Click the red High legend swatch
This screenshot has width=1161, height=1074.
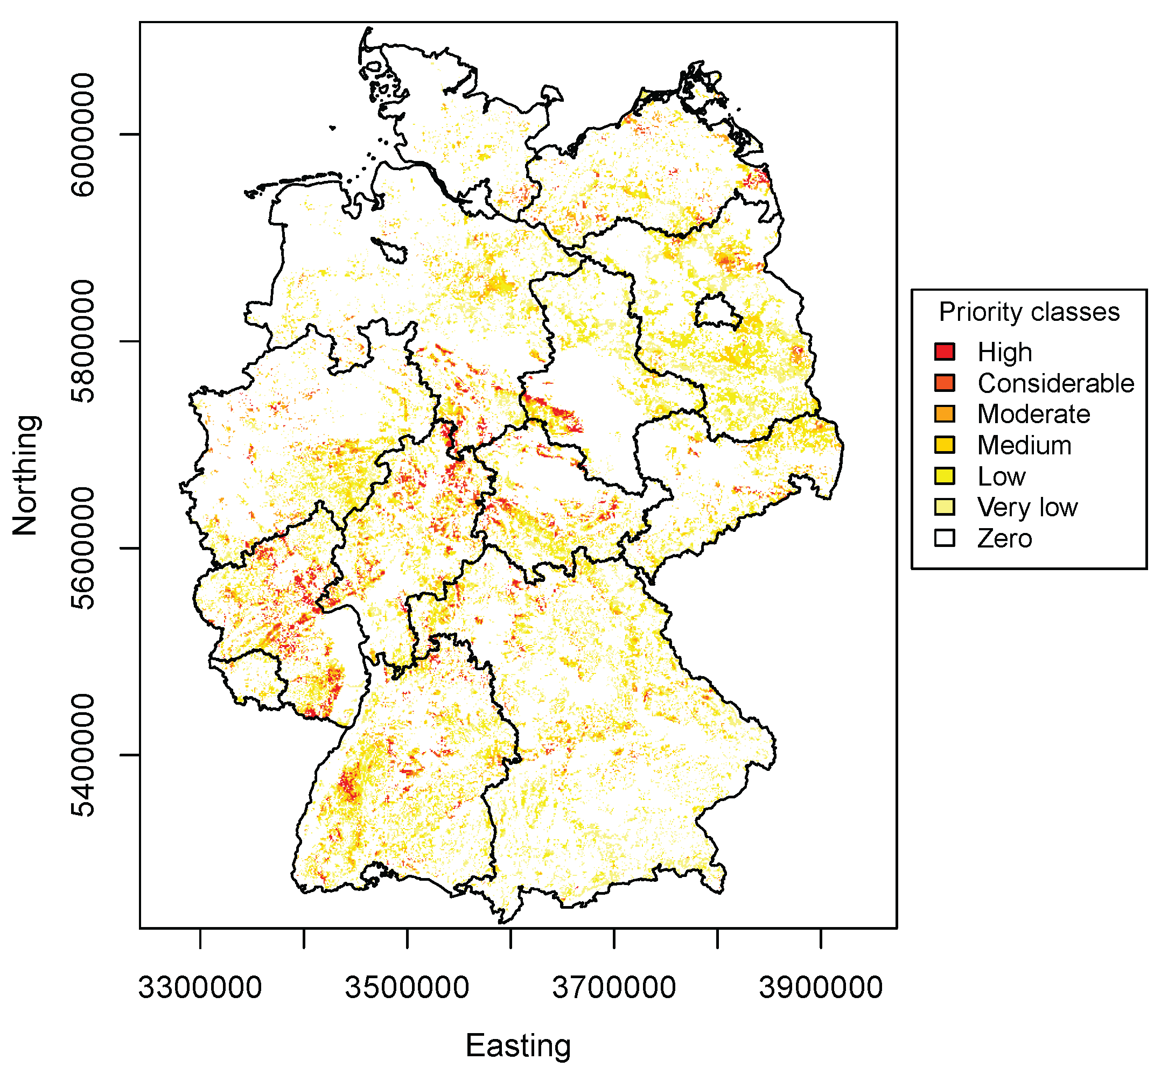click(945, 352)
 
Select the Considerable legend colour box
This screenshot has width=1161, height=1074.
click(945, 383)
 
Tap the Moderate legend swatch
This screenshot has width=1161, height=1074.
click(945, 414)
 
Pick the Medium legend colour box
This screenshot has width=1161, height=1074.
click(945, 445)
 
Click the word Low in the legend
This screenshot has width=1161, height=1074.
click(1001, 476)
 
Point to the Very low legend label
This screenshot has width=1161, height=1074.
click(1027, 507)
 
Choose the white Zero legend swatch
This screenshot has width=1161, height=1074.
click(945, 538)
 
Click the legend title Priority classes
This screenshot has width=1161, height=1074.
click(1029, 312)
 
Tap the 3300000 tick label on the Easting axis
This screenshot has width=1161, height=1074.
click(200, 987)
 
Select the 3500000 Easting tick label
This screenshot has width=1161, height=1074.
click(407, 987)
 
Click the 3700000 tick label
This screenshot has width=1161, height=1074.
click(614, 987)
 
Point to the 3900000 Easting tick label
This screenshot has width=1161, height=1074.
click(821, 987)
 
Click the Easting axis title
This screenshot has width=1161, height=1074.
click(518, 1045)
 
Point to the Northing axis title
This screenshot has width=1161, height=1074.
click(26, 475)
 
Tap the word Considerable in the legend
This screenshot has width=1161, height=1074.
click(1056, 383)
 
